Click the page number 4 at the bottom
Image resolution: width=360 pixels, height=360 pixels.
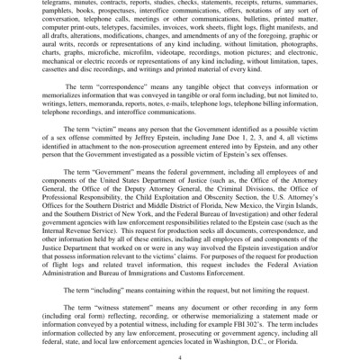click(x=180, y=355)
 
